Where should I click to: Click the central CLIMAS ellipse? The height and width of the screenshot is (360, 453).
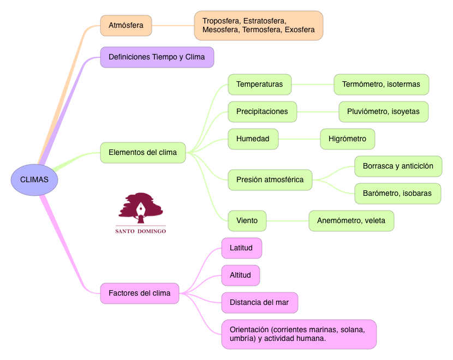click(34, 179)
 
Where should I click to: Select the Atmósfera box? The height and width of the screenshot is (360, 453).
click(126, 25)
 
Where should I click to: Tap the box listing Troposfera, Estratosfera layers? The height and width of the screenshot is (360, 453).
click(258, 25)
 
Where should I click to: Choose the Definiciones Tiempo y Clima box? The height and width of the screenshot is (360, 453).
click(157, 57)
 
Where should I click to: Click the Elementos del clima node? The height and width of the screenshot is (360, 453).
click(142, 152)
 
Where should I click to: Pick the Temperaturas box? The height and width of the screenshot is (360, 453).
click(259, 85)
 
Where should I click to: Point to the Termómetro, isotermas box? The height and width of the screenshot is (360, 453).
click(381, 85)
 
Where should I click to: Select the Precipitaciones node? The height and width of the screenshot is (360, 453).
click(262, 112)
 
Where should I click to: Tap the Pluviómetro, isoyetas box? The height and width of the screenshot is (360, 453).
click(383, 112)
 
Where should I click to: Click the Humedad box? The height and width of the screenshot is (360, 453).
click(253, 139)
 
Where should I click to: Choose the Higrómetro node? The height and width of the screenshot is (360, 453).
click(347, 139)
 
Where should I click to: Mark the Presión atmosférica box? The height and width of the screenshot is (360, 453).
click(270, 179)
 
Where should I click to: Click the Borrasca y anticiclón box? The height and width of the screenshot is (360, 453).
click(398, 166)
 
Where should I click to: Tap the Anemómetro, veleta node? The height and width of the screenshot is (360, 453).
click(351, 221)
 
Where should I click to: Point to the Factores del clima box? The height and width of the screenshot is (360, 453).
click(139, 293)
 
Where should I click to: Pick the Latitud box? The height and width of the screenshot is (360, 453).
click(241, 248)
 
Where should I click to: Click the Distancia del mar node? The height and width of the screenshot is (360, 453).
click(259, 303)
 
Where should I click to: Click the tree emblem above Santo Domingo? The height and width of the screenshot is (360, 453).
click(141, 208)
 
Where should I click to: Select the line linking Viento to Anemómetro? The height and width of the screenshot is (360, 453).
click(288, 221)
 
